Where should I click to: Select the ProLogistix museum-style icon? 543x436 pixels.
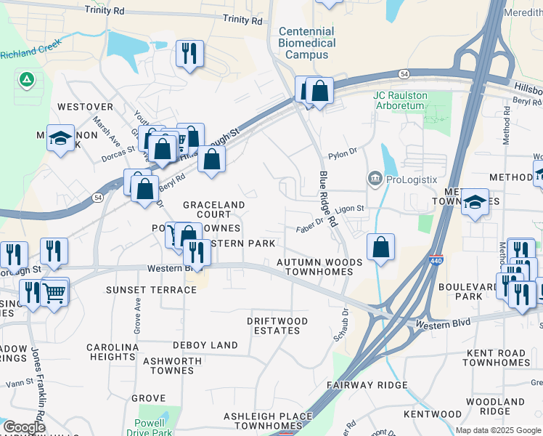point(375,179)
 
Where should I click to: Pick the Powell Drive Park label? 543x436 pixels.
point(154,427)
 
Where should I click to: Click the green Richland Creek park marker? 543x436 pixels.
point(27,79)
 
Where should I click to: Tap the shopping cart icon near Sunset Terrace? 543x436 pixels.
point(54,294)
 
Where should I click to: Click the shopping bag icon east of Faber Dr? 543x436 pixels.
point(380,249)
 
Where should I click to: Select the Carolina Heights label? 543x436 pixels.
point(113,352)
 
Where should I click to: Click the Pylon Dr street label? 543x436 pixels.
point(343,153)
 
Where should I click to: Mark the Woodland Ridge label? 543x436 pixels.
point(495,405)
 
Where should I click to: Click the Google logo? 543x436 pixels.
point(23,428)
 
